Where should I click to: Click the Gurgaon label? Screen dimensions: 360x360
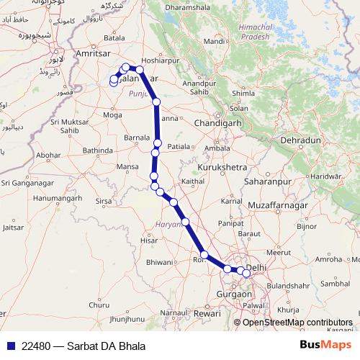233,294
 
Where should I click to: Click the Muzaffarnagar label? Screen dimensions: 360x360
273,206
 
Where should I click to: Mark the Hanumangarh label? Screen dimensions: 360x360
53,197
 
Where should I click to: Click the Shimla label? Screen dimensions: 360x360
243,93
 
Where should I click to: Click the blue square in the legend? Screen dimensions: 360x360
9,346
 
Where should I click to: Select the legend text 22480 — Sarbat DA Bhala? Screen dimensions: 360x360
84,346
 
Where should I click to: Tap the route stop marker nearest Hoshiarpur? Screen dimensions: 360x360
140,71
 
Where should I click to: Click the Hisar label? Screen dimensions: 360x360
149,240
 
